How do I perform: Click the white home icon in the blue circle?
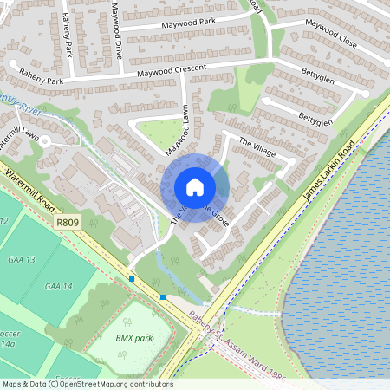click(195, 186)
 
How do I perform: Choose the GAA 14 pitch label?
click(59, 286)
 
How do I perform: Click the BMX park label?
click(133, 336)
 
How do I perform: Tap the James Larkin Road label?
click(330, 174)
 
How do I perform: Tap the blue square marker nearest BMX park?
click(162, 296)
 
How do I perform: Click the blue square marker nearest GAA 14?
click(132, 279)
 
